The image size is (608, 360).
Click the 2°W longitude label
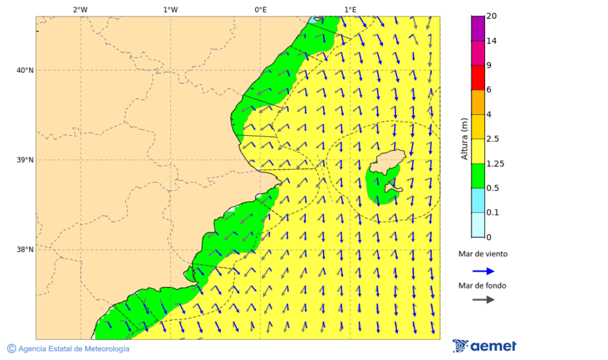(80, 9)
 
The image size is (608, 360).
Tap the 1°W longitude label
(170, 9)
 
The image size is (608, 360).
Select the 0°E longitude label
(260, 9)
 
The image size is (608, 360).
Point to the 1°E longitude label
(350, 9)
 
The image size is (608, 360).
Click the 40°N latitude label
(24, 70)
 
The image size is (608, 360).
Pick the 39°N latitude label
(24, 160)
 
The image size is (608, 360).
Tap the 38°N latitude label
(24, 250)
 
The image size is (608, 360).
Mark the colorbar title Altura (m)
(464, 138)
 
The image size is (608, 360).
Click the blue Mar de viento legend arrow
(483, 271)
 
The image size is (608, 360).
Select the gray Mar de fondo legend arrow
(483, 300)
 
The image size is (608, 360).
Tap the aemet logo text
(493, 346)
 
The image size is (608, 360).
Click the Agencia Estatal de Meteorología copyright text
(73, 349)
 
